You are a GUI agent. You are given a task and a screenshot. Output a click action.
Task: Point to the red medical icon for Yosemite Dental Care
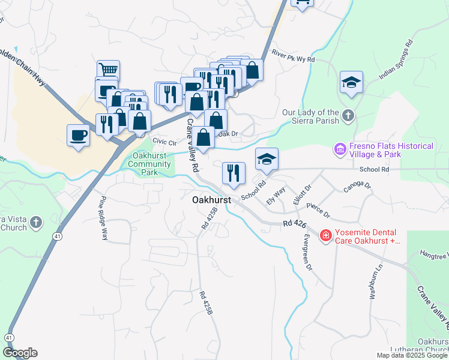pos(325,236)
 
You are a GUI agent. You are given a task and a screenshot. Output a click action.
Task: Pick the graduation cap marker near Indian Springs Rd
pos(351,82)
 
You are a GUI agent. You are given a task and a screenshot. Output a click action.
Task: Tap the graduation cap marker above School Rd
pos(267,158)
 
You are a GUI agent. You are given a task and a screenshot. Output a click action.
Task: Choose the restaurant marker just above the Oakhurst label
pos(234,173)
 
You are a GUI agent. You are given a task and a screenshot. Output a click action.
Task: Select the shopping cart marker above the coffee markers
pos(108,70)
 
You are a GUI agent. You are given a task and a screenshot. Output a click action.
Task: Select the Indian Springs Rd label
pos(396,59)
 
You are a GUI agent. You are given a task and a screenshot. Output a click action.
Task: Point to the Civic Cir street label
pos(164,142)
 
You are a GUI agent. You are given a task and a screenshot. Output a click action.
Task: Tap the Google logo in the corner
pos(19,353)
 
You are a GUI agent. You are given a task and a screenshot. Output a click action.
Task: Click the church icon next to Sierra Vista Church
pos(36,223)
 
